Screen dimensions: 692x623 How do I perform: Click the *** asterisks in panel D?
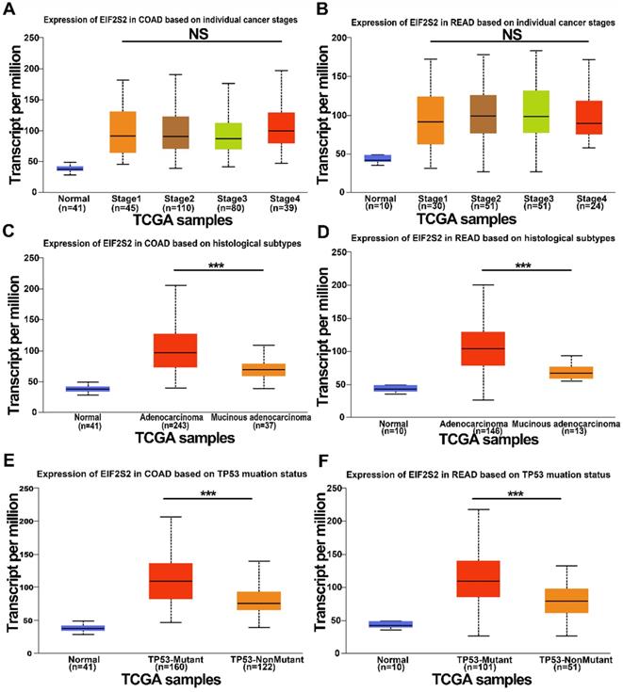524,266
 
